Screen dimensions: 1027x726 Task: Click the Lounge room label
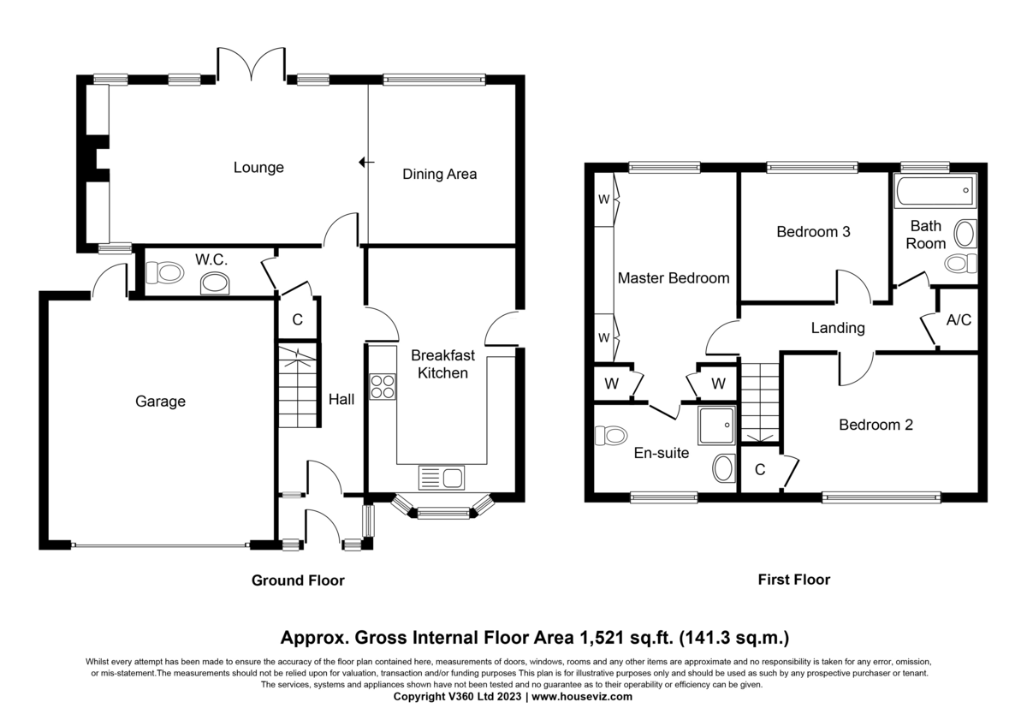coord(258,168)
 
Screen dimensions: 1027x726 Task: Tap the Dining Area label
coord(439,175)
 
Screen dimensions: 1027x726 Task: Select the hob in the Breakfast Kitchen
coord(383,387)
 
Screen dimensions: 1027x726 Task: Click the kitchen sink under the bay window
coord(441,478)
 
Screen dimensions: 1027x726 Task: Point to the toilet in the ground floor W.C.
coord(164,273)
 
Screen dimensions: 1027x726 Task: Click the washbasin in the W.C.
coord(215,283)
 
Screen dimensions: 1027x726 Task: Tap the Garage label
coord(161,402)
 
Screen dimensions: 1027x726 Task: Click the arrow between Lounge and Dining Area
coord(366,162)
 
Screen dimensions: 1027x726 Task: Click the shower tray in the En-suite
coord(716,425)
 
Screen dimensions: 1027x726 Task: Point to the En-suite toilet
coord(611,435)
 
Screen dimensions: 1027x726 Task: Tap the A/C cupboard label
coord(959,319)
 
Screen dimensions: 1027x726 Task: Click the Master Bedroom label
coord(674,278)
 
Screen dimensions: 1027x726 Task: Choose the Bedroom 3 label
coord(813,232)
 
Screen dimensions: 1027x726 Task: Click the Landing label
coord(838,328)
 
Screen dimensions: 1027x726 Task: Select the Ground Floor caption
coord(298,580)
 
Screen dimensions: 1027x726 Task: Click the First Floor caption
coord(794,580)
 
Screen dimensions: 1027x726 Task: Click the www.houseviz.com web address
coord(582,697)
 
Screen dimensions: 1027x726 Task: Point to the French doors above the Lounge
coord(252,64)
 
